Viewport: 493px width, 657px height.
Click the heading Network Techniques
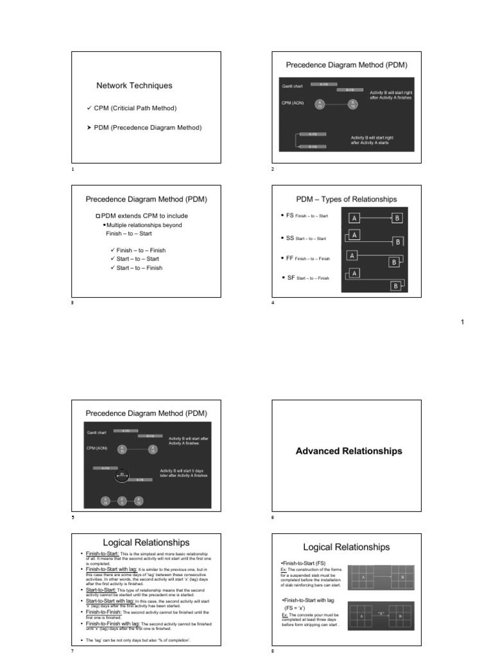(x=134, y=85)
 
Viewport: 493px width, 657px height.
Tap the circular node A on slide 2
(x=320, y=105)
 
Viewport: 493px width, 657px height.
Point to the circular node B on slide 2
(x=352, y=105)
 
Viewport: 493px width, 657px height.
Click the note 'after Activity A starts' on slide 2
(x=369, y=142)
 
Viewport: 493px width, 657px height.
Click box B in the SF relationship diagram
(x=395, y=286)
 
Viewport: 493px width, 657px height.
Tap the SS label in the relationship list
(x=290, y=238)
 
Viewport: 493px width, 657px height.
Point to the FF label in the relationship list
(x=290, y=258)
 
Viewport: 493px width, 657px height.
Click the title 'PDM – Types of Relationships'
(x=346, y=200)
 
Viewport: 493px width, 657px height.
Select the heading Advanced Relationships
(x=349, y=451)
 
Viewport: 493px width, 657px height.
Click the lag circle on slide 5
(x=122, y=475)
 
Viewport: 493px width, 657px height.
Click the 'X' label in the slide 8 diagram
(x=381, y=613)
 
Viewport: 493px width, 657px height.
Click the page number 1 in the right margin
(x=462, y=322)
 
